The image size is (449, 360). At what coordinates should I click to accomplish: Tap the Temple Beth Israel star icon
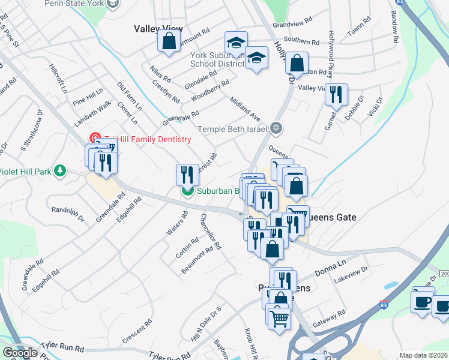tap(276, 127)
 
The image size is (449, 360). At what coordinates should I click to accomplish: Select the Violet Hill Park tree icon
tap(59, 171)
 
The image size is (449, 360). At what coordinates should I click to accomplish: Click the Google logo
tap(20, 352)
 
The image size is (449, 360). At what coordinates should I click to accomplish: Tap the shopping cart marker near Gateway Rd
tap(279, 318)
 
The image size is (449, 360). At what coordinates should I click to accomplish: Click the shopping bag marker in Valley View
tap(169, 41)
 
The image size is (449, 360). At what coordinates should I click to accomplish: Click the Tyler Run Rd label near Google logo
tap(63, 347)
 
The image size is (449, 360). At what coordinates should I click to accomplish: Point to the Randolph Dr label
tap(68, 213)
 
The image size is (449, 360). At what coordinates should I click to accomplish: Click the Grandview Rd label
tap(293, 25)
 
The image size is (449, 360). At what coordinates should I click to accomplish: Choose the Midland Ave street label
tap(247, 109)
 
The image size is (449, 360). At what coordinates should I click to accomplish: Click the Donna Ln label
tap(331, 267)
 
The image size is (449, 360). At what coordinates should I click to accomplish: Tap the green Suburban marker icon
tap(187, 191)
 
